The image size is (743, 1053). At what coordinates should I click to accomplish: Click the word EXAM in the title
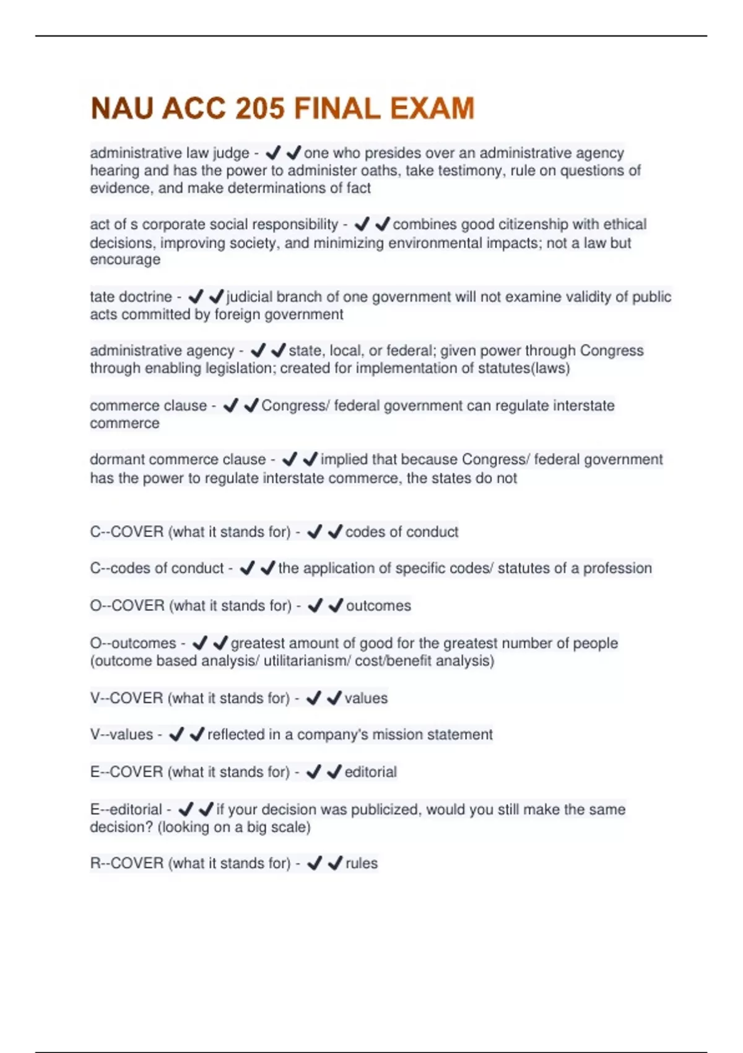coord(432,108)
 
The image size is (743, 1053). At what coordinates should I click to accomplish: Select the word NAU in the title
coord(122,108)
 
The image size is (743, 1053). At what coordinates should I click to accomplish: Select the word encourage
coord(125,260)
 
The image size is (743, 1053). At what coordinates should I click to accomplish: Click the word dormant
coord(117,460)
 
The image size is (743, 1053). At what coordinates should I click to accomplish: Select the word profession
coord(617,568)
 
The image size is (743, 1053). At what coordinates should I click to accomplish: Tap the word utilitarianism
coord(305,661)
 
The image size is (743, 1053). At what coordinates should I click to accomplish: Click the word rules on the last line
coord(362,863)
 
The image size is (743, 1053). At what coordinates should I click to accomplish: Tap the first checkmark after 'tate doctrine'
coord(196,297)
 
